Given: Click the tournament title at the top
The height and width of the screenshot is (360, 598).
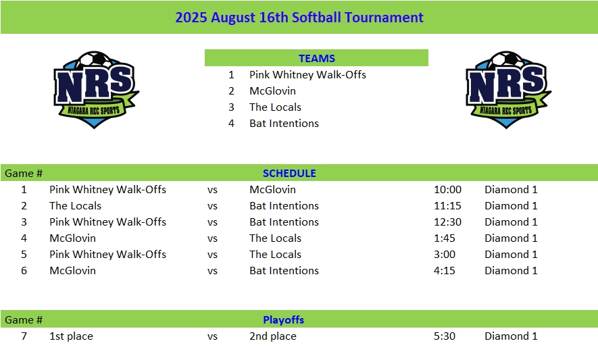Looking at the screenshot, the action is (x=299, y=18).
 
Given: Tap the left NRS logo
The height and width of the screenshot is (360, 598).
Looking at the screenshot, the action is (x=96, y=90).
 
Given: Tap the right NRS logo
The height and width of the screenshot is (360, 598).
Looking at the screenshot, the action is (x=508, y=90).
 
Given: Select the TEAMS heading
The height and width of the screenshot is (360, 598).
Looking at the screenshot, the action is (x=316, y=58).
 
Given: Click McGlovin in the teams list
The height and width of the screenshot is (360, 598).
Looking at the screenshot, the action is (x=272, y=91).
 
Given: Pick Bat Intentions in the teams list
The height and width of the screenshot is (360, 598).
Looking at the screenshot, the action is (x=284, y=124).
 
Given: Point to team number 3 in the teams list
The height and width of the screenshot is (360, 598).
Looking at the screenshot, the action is (x=231, y=107).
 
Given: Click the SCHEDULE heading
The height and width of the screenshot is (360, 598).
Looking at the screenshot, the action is (x=289, y=174).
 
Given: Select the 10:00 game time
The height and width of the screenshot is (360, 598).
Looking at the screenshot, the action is (x=447, y=190).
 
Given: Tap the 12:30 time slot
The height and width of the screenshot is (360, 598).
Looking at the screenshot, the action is (x=447, y=222).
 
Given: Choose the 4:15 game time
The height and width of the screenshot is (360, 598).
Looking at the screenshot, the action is (x=445, y=271).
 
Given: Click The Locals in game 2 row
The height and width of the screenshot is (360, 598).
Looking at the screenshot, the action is (x=75, y=206).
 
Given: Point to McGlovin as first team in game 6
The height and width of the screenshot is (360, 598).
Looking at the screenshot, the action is (x=72, y=271).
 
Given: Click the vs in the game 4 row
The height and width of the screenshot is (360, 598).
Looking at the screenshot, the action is (x=212, y=238).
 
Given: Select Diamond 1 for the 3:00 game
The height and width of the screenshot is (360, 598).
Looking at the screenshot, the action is (x=511, y=255).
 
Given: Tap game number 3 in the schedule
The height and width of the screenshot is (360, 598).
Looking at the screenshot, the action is (x=24, y=222).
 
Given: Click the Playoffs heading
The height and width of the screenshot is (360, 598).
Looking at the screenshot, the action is (x=283, y=320).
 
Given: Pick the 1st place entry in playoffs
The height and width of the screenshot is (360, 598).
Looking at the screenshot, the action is (x=71, y=336).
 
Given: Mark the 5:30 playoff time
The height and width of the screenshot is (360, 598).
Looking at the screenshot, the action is (x=445, y=336).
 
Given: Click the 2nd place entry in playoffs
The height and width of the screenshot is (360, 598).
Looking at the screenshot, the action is (x=273, y=336).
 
